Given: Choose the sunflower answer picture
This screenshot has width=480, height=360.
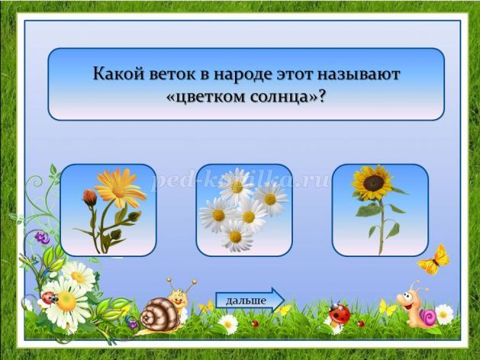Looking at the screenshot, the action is [380, 211].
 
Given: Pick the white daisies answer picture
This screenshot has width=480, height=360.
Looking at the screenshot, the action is [244, 211].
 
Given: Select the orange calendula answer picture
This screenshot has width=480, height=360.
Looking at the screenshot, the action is [108, 211].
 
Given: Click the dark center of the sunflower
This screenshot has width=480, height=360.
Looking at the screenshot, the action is [373, 182].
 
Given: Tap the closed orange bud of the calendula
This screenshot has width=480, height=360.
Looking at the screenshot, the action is [90, 197].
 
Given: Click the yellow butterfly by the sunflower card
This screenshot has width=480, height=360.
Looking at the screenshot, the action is [433, 260].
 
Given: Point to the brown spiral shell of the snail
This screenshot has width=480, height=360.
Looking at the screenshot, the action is [159, 313].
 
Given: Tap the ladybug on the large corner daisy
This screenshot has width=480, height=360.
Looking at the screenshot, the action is [50, 297].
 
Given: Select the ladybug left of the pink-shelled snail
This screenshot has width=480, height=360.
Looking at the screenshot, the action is [339, 312].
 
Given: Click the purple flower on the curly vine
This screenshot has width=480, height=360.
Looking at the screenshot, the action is [42, 238].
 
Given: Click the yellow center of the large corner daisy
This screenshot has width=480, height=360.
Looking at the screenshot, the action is [66, 301].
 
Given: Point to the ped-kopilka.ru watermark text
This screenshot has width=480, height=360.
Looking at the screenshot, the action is [241, 181].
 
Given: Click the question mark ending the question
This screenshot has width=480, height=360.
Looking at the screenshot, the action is [321, 97].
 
